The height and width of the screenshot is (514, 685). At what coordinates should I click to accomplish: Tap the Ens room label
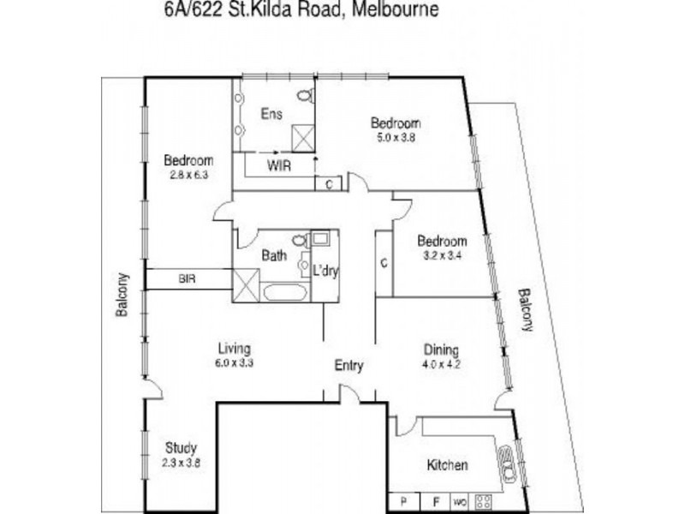[271, 114]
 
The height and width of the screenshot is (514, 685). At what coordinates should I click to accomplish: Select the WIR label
[279, 165]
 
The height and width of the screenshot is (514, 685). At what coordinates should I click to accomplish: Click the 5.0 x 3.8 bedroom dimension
[395, 137]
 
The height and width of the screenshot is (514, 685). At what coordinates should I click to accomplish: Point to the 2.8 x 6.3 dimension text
[188, 175]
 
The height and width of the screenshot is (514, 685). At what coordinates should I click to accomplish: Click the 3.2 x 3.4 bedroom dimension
[442, 255]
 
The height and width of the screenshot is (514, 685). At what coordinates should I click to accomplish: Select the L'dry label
[325, 271]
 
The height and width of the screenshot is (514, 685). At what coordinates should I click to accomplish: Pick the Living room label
[234, 349]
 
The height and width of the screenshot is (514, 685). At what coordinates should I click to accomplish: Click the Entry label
[348, 366]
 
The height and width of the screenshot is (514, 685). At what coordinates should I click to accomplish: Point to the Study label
[181, 447]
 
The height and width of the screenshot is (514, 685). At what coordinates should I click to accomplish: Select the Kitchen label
[447, 465]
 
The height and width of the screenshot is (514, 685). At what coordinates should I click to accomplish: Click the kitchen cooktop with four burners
[485, 500]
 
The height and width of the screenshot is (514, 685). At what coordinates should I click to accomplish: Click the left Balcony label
[122, 296]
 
